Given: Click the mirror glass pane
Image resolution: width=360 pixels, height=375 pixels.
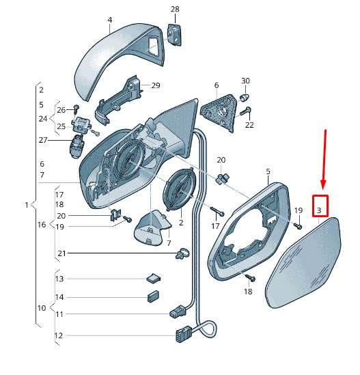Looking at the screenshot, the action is pos(304,263).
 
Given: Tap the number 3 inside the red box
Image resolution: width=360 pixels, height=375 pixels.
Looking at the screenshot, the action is pos(319,210).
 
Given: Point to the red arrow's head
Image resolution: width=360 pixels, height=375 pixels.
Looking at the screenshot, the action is pos(323,184).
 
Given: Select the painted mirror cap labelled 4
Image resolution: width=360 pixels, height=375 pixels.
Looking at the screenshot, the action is pos(119,61).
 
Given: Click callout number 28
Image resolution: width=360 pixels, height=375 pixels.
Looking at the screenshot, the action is pos(175,9).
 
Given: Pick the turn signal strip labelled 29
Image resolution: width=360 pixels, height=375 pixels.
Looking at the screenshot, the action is pos(118,100).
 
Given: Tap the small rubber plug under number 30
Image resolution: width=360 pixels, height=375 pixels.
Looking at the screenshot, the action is pos(245,98).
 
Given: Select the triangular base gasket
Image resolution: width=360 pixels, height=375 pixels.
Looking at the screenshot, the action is pos(219,112).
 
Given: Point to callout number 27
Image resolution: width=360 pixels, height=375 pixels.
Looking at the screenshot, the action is pos(43,140).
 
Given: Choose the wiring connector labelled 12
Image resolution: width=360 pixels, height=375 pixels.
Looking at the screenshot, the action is pos(184,333).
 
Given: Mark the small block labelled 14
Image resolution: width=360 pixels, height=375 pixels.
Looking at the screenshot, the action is pos(153,296).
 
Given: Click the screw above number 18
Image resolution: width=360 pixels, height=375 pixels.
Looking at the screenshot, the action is pos(250,277).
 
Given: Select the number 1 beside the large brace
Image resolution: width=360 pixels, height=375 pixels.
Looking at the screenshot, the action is pos(27,205).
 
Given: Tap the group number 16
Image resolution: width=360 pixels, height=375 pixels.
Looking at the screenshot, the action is pos(42,225).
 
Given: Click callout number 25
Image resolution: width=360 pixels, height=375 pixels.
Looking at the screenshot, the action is pos(61,126).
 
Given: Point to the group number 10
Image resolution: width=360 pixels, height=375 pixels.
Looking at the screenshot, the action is pos(42,308).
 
